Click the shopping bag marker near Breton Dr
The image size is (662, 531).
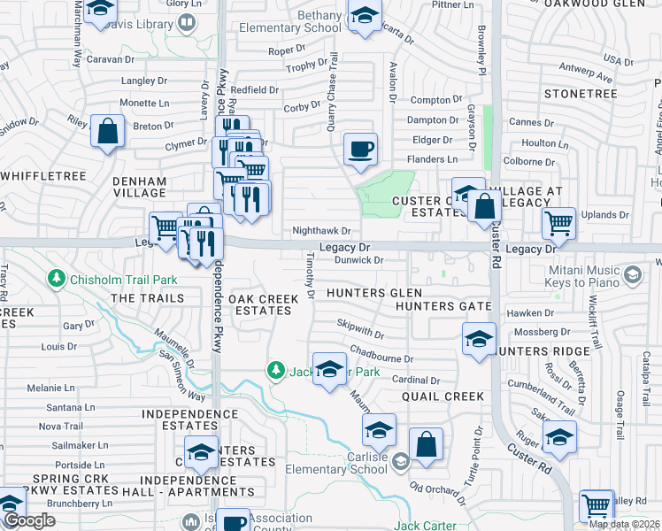tap(107, 133)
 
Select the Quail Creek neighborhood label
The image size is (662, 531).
tap(443, 396)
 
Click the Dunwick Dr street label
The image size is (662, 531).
tap(358, 260)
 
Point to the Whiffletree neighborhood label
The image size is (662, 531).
tap(43, 176)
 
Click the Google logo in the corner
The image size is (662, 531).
tap(29, 520)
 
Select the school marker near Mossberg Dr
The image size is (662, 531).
tap(479, 339)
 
